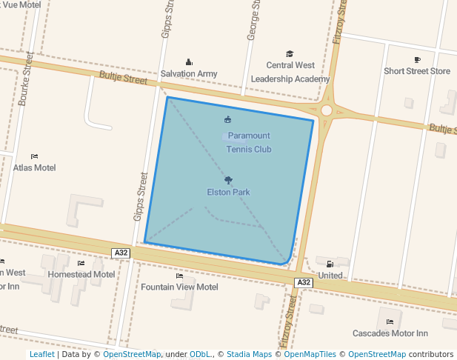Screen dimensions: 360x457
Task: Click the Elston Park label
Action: [228, 193]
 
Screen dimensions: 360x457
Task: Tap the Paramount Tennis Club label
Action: [249, 142]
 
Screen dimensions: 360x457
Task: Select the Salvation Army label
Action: [189, 74]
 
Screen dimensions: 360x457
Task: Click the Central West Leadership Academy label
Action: [290, 72]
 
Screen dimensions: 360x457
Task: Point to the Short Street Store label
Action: [417, 71]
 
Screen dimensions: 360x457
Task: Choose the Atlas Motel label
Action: [34, 167]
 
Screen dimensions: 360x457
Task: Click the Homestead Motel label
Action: [81, 274]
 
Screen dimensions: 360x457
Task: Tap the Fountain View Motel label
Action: [179, 287]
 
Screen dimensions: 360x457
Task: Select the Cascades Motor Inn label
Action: [390, 333]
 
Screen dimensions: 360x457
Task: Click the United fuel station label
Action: [330, 276]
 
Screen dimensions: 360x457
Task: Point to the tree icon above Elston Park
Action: [228, 180]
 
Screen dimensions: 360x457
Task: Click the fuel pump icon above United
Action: [330, 264]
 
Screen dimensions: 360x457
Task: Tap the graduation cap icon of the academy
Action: [290, 54]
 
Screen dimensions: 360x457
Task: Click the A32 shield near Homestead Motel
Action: [121, 253]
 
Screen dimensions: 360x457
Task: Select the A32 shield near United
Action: [304, 282]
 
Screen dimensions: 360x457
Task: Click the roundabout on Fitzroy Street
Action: [327, 110]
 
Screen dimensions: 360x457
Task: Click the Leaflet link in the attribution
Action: [41, 354]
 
